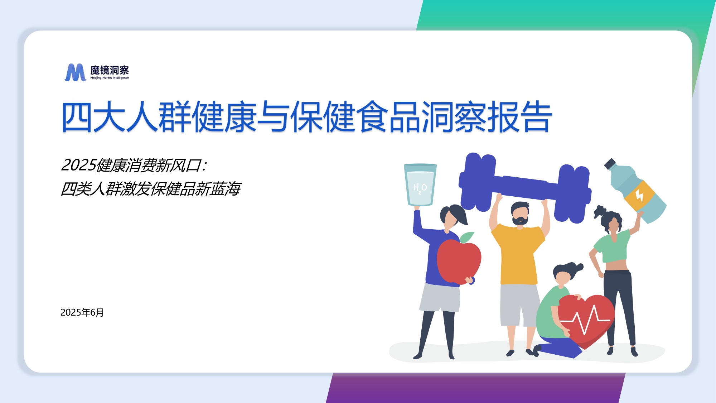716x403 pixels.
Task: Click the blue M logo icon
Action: [x=75, y=72]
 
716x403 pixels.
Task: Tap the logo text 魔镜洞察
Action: [x=109, y=70]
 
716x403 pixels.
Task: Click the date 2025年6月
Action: [x=82, y=312]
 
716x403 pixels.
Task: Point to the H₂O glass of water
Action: [x=420, y=184]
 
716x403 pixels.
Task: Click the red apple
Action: [x=459, y=262]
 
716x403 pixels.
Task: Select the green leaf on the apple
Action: [x=467, y=237]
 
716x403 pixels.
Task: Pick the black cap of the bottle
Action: [x=609, y=164]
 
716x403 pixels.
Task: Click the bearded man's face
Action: [x=520, y=214]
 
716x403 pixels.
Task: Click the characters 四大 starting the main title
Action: [x=93, y=117]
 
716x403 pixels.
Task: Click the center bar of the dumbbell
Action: [x=526, y=187]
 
